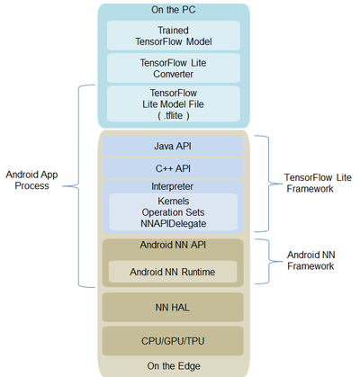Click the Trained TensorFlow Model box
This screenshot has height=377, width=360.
point(173,35)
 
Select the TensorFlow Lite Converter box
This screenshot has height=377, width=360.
point(173,67)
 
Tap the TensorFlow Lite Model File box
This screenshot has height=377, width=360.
point(173,103)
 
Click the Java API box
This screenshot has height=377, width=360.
point(173,146)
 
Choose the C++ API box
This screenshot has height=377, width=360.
point(173,167)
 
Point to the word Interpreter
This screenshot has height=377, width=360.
point(173,186)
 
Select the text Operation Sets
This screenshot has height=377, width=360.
point(173,211)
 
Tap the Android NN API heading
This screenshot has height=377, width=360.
point(173,245)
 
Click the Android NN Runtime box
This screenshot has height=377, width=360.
point(173,271)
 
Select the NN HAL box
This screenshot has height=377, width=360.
point(173,307)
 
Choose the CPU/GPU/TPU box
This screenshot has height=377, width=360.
point(173,341)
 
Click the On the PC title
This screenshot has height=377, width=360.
point(173,10)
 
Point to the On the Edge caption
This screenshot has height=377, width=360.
point(173,365)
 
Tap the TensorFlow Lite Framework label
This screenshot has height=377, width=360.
point(309,183)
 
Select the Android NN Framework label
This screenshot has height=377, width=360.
point(309,260)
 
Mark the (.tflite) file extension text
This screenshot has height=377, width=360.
point(173,115)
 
